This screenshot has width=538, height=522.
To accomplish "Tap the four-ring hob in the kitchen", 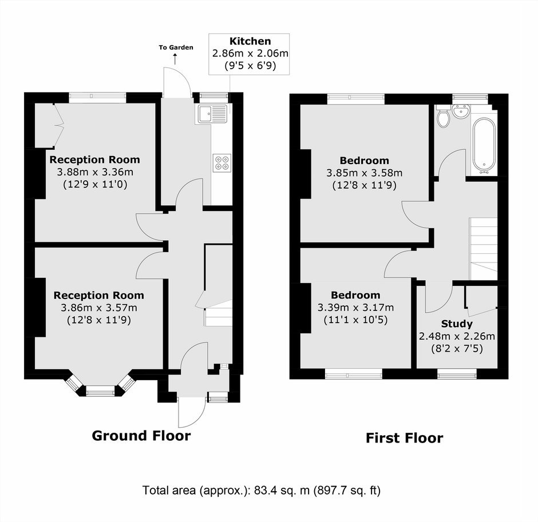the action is [x=222, y=163].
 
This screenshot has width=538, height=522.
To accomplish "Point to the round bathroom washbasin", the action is [x=461, y=111].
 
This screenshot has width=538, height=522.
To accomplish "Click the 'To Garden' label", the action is [x=176, y=47].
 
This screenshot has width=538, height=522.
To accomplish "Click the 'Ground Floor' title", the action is [x=141, y=436].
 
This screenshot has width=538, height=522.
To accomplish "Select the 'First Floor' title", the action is [x=404, y=438].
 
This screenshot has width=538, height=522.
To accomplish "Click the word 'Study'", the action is [x=457, y=324].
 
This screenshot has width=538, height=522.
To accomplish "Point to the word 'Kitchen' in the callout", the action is [x=250, y=41].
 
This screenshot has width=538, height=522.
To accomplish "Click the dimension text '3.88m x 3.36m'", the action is [x=95, y=172].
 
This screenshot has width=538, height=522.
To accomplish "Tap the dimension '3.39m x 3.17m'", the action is [x=355, y=308].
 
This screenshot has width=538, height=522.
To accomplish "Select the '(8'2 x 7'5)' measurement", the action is [x=457, y=349].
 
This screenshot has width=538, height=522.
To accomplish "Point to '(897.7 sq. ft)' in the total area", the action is [x=347, y=491].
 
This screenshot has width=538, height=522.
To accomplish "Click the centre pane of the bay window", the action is [x=100, y=390].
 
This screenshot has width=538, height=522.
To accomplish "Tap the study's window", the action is [x=457, y=374].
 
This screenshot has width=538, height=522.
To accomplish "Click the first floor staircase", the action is [x=483, y=249].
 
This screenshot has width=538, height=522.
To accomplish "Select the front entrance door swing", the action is [x=192, y=412].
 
